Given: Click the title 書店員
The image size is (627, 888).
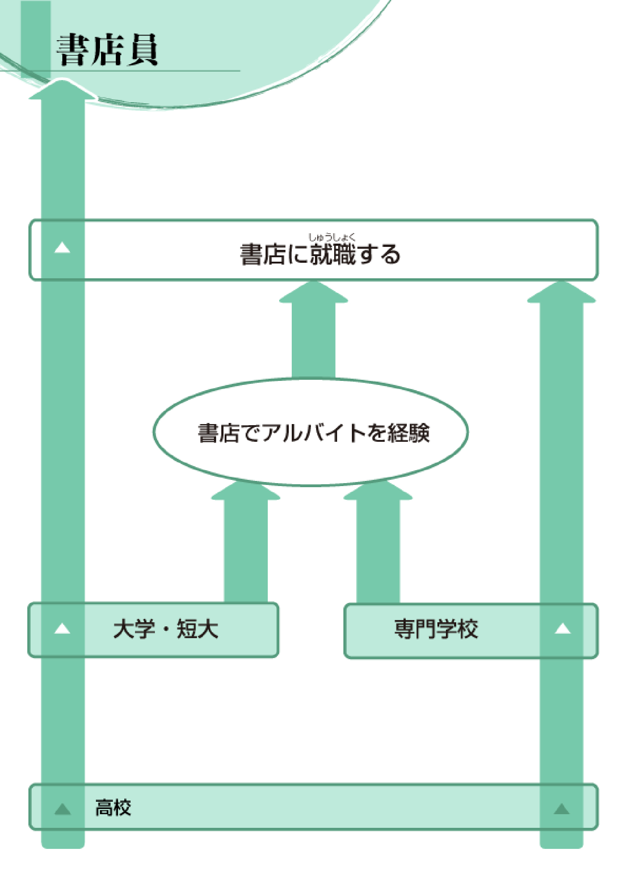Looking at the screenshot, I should click(107, 50).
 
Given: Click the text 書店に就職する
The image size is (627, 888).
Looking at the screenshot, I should click(320, 255).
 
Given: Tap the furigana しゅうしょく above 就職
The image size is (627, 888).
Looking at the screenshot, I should click(331, 237).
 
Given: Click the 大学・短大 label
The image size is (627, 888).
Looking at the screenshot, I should click(166, 629).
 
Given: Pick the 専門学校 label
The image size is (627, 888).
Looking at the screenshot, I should click(436, 629).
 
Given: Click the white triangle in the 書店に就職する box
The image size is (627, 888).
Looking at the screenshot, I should click(62, 248).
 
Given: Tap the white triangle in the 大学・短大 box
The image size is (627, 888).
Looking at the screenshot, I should click(62, 629).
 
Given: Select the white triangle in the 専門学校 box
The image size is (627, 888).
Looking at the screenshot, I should click(562, 629).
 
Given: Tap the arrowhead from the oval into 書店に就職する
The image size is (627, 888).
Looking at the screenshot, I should click(313, 293).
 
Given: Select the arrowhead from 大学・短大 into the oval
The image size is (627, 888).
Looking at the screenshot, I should click(246, 491).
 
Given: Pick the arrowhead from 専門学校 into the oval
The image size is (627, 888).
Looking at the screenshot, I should click(378, 491).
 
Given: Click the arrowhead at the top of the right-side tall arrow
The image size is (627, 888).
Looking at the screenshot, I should click(561, 293).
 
